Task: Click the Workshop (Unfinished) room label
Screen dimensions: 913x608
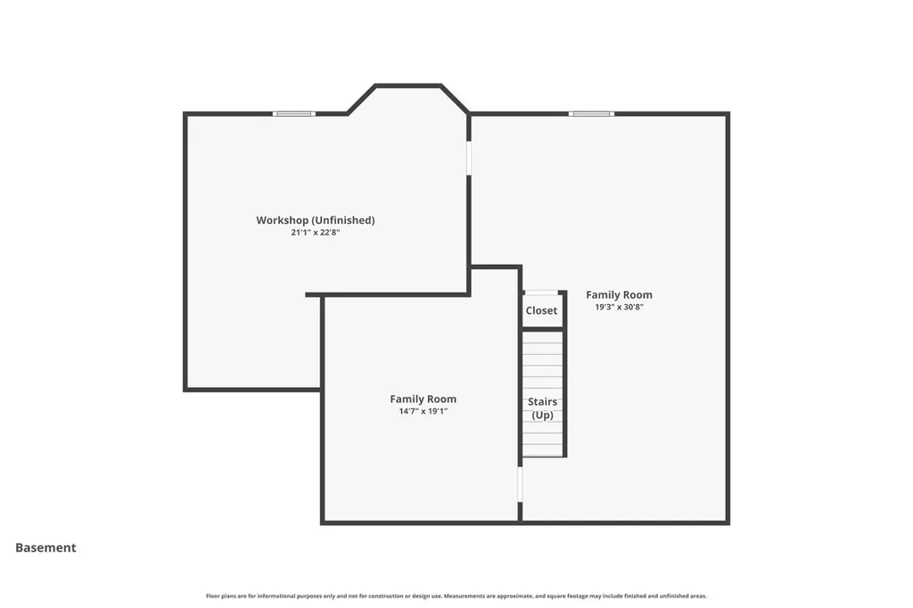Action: (316, 220)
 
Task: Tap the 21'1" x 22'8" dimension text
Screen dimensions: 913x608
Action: (316, 233)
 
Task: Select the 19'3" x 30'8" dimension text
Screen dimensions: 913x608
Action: (619, 307)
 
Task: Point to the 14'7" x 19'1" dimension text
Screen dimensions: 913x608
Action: (424, 411)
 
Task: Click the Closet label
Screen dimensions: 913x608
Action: (541, 310)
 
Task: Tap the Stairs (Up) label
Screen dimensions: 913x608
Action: (543, 408)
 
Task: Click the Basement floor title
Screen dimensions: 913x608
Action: (45, 547)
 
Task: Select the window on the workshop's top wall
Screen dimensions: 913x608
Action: (294, 114)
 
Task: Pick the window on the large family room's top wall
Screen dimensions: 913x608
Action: (592, 114)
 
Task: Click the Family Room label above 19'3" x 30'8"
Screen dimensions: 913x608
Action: (619, 295)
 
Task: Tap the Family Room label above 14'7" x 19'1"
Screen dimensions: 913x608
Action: (424, 398)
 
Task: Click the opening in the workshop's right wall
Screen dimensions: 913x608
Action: (469, 158)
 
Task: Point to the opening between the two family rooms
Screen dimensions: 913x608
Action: (520, 484)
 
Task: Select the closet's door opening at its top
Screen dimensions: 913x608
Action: (541, 292)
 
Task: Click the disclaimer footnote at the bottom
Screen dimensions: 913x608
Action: (456, 596)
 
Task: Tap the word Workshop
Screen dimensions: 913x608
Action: (283, 220)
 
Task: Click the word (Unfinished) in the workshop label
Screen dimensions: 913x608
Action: (343, 220)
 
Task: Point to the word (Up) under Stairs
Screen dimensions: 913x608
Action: (543, 415)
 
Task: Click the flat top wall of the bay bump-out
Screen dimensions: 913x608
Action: (407, 86)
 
